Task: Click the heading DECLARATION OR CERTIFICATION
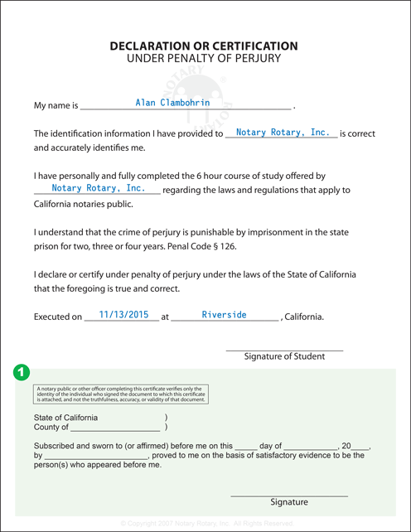(204, 46)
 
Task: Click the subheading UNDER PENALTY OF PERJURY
(204, 60)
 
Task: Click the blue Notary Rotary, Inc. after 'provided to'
(283, 133)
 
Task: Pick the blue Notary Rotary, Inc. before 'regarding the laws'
(99, 189)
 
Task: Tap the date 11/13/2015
(123, 315)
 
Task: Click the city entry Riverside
(224, 315)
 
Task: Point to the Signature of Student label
(284, 356)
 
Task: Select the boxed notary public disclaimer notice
(120, 394)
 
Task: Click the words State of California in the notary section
(65, 418)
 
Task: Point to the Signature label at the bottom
(288, 502)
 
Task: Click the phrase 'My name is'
(56, 107)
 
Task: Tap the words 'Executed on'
(58, 317)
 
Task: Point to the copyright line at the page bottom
(205, 524)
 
